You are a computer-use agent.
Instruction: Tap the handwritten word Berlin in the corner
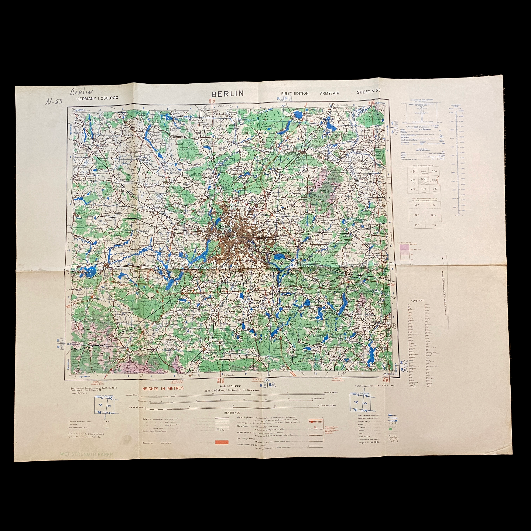pyautogui.click(x=81, y=92)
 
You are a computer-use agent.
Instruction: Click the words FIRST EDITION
pyautogui.click(x=295, y=93)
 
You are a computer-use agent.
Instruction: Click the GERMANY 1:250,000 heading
pyautogui.click(x=97, y=99)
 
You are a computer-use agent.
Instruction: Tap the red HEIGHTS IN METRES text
pyautogui.click(x=163, y=388)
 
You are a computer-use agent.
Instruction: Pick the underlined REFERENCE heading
pyautogui.click(x=232, y=413)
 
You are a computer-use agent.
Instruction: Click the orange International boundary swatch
pyautogui.click(x=221, y=442)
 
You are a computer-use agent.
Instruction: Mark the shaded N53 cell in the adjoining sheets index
pyautogui.click(x=424, y=180)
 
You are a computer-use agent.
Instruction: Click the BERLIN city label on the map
pyautogui.click(x=223, y=227)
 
